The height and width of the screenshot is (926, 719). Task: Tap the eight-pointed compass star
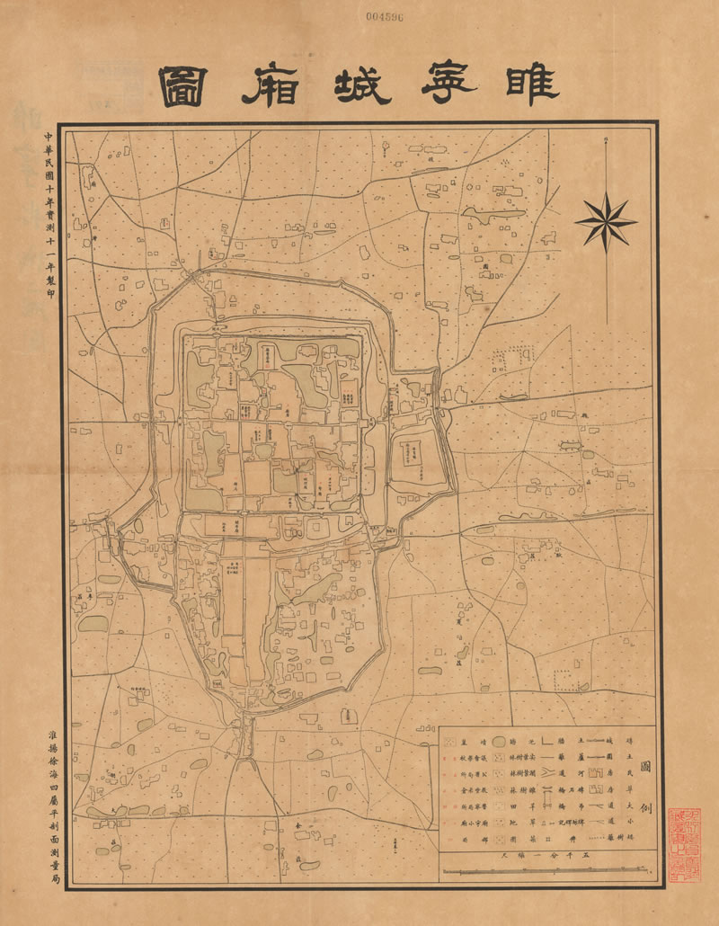pyautogui.click(x=607, y=219)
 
